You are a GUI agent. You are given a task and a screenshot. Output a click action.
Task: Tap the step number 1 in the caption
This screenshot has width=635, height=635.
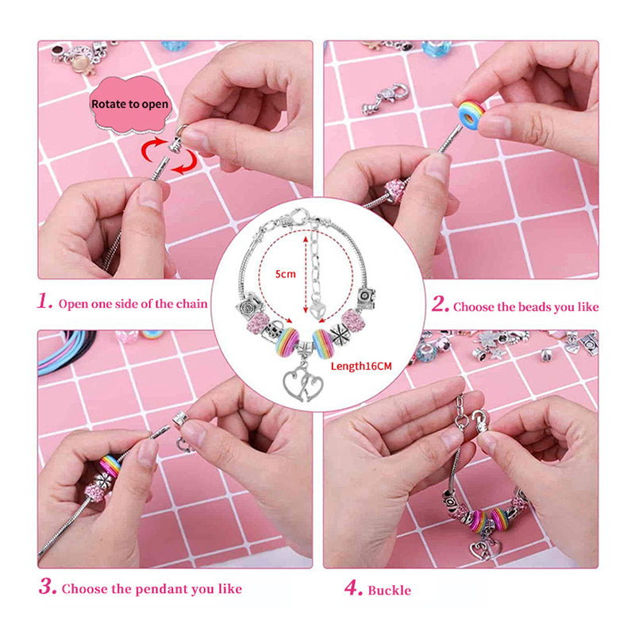(46, 302)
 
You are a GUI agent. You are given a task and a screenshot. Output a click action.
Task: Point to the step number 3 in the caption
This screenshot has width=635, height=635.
(47, 587)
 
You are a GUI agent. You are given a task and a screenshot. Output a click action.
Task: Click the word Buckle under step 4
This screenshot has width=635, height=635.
(389, 590)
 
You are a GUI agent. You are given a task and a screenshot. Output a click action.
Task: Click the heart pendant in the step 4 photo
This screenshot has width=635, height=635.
(482, 548)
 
